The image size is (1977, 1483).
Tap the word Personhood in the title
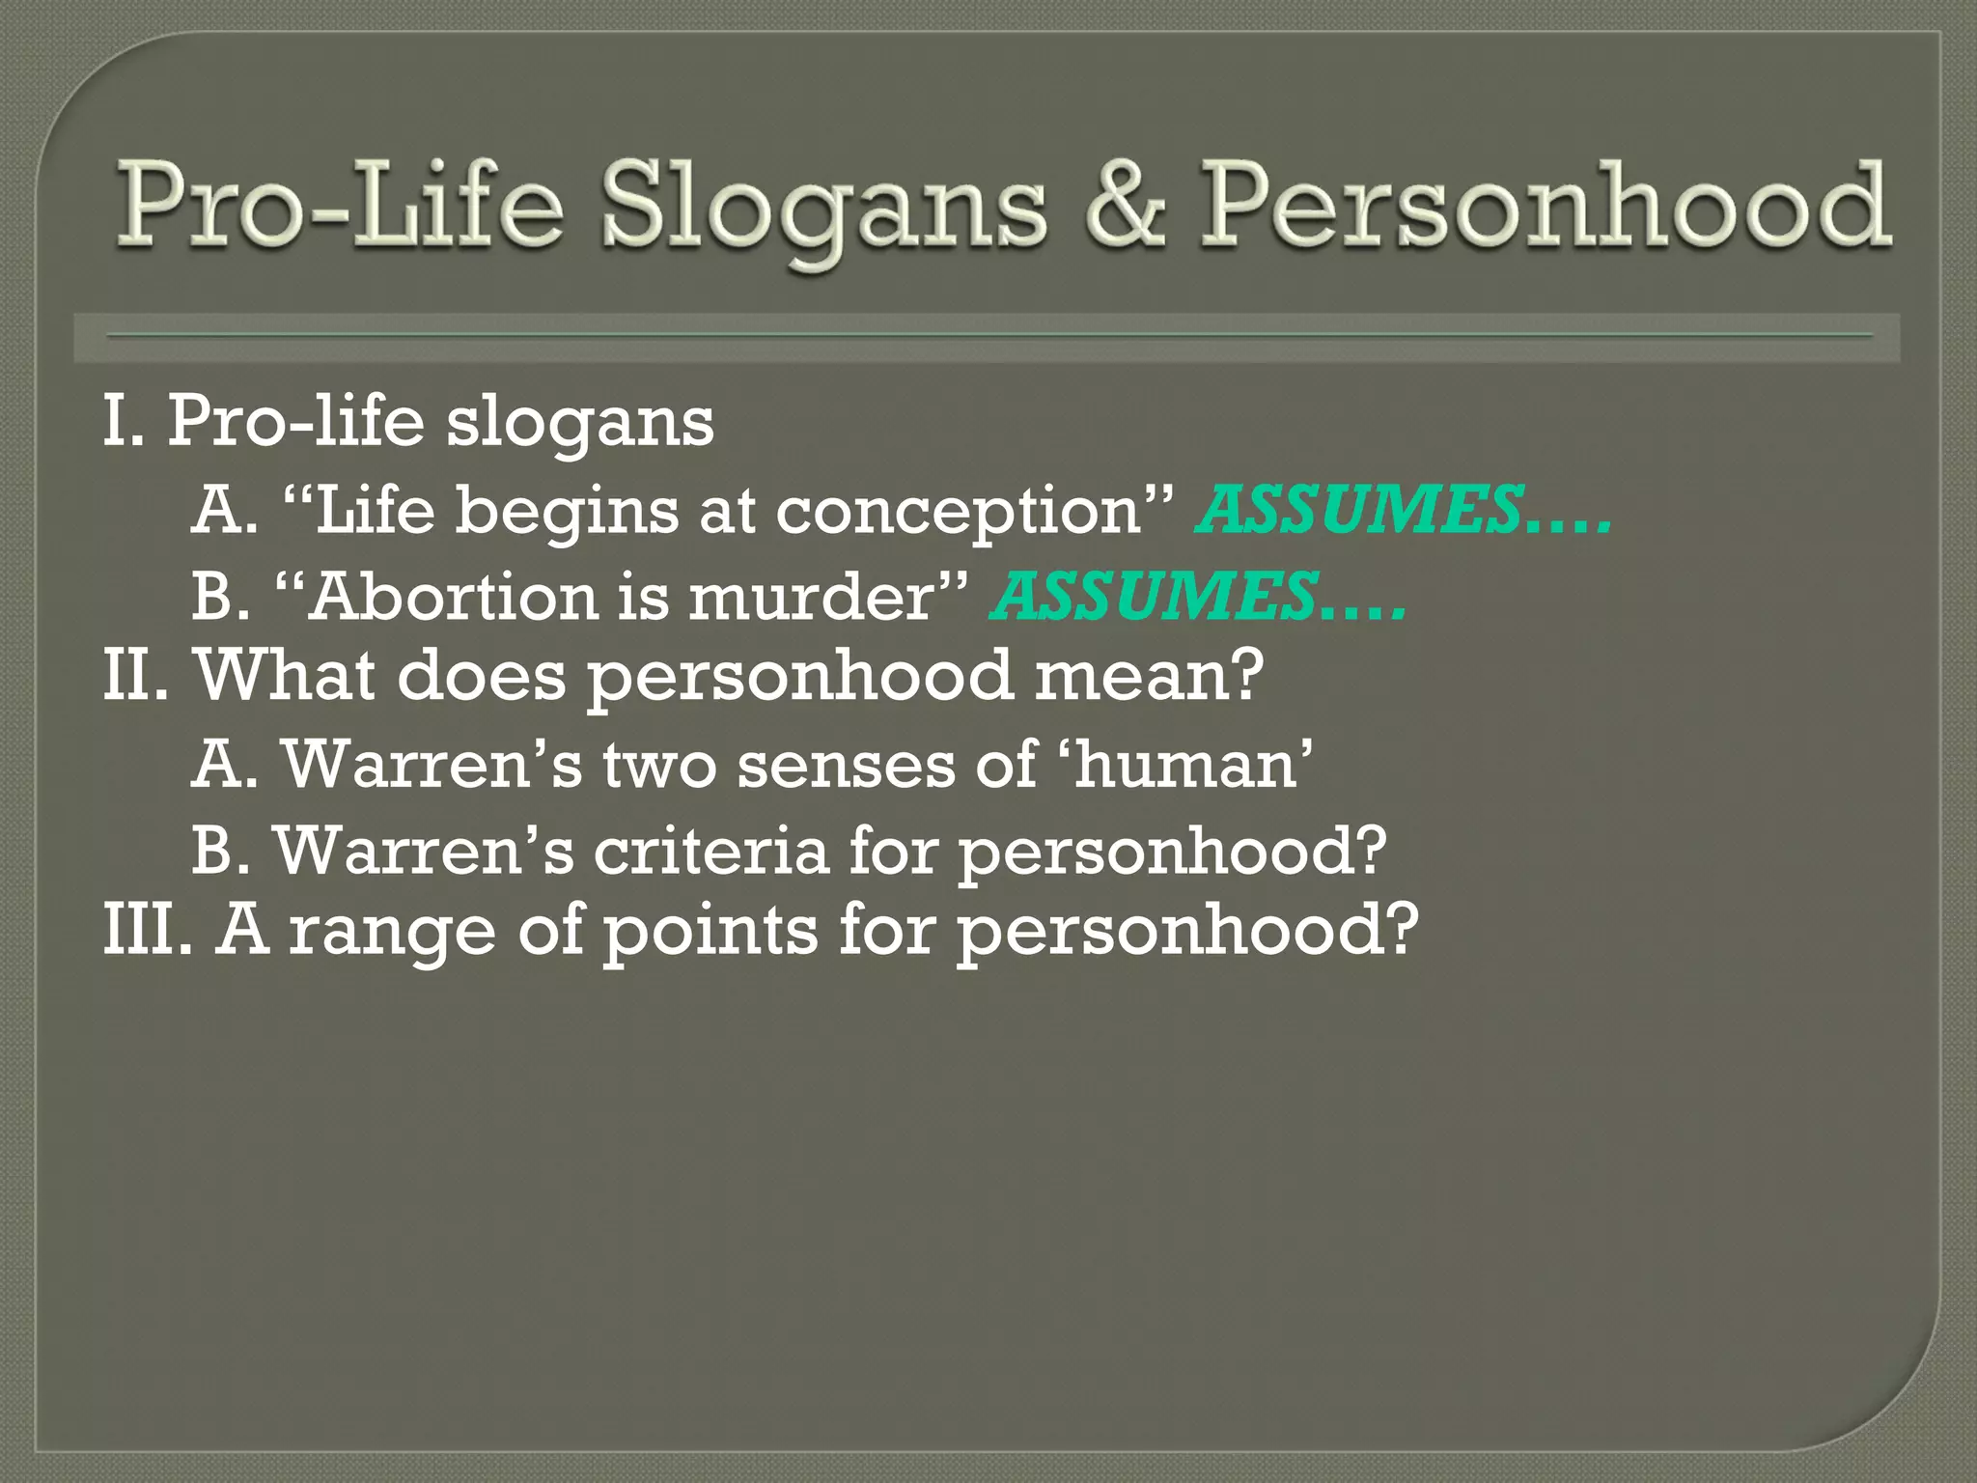pos(1545,206)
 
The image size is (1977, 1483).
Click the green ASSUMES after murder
pos(1155,596)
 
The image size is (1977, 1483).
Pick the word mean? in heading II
pos(1148,675)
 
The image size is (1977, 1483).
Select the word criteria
pos(710,851)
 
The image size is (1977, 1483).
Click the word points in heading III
pos(710,932)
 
